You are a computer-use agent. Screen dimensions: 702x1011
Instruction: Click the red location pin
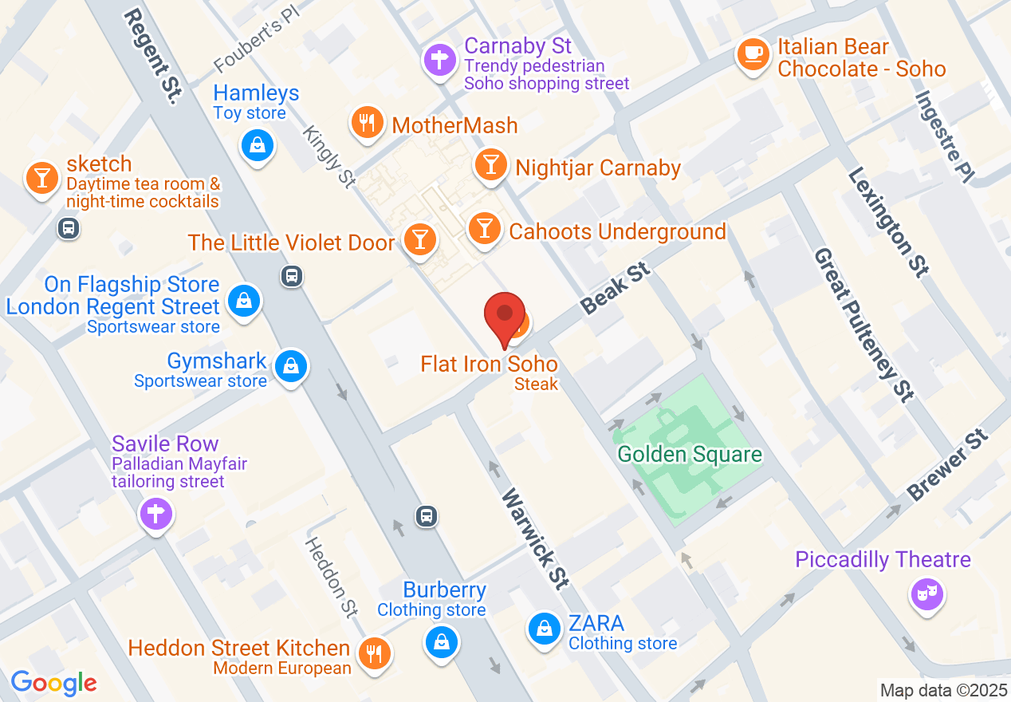pyautogui.click(x=505, y=315)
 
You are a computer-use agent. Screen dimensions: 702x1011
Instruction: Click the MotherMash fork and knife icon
pyautogui.click(x=366, y=122)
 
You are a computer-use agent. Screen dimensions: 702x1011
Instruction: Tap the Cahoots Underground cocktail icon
pyautogui.click(x=483, y=228)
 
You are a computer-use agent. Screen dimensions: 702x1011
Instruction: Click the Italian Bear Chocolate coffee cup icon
pyautogui.click(x=753, y=54)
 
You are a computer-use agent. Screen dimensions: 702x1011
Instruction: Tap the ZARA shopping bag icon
pyautogui.click(x=544, y=629)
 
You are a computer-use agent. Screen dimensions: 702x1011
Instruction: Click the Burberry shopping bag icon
pyautogui.click(x=440, y=640)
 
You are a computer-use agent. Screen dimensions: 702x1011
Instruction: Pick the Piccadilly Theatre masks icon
pyautogui.click(x=927, y=594)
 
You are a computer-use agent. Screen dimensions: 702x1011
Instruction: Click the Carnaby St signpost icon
pyautogui.click(x=439, y=59)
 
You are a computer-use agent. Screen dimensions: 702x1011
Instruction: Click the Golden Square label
pyautogui.click(x=690, y=455)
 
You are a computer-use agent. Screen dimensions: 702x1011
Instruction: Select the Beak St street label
pyautogui.click(x=616, y=290)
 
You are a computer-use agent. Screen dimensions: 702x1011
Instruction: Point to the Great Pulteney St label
pyautogui.click(x=863, y=324)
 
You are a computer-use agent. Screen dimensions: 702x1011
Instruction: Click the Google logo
pyautogui.click(x=53, y=683)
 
